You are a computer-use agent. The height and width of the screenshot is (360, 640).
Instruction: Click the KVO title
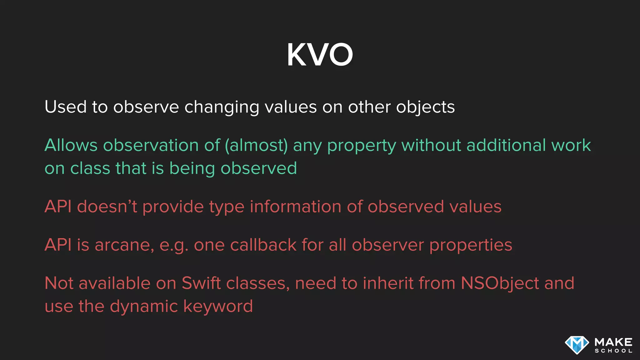[x=320, y=55]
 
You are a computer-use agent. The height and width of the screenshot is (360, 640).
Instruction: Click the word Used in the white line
[x=65, y=107]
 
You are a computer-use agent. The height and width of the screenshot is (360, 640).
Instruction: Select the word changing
[x=222, y=108]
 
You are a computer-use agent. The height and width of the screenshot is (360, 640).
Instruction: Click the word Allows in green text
[x=71, y=145]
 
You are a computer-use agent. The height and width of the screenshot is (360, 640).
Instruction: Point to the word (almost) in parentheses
[x=256, y=146]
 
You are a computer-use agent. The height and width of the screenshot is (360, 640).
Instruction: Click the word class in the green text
[x=90, y=168]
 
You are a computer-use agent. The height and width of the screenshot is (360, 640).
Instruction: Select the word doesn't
[x=107, y=207]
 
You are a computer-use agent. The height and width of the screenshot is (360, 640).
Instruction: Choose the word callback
[x=263, y=245]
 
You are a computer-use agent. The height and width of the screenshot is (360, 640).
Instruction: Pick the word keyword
[x=218, y=306]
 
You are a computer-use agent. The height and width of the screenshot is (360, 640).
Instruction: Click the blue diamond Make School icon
[x=577, y=345]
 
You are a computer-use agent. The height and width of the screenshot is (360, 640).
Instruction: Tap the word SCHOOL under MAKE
[x=613, y=351]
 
